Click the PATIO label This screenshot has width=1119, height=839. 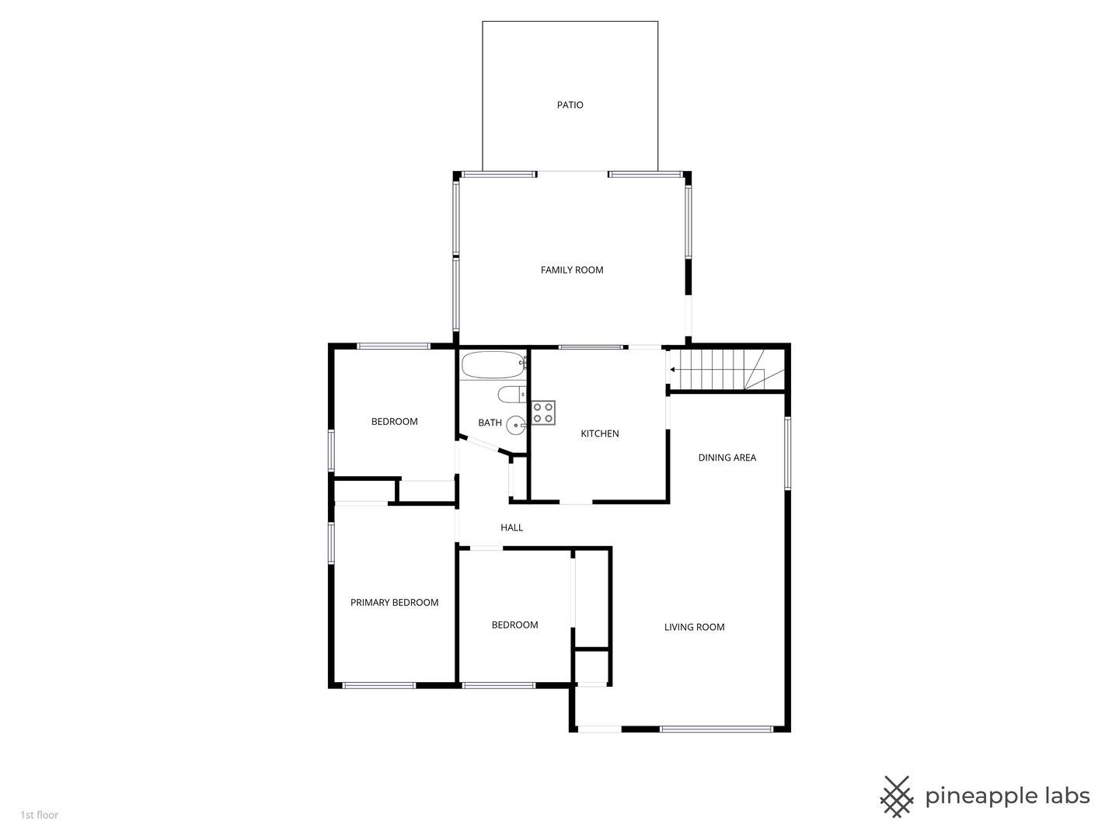[570, 105]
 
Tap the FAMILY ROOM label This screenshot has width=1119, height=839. [572, 270]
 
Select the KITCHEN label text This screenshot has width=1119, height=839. [600, 433]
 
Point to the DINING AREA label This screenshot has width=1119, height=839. [727, 458]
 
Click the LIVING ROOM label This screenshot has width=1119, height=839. [694, 627]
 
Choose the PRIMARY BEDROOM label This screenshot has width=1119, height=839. [394, 602]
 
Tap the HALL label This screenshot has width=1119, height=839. [511, 527]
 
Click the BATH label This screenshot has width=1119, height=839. [490, 423]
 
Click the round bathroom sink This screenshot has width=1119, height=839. [516, 425]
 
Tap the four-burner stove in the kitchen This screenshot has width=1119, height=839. [543, 413]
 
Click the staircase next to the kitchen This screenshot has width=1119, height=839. [715, 369]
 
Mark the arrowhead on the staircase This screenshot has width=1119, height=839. [672, 370]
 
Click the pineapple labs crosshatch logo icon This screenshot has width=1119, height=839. [897, 796]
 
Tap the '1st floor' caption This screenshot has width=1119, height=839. [40, 815]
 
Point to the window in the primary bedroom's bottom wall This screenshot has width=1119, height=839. [378, 685]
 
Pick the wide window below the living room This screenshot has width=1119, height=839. [716, 729]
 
